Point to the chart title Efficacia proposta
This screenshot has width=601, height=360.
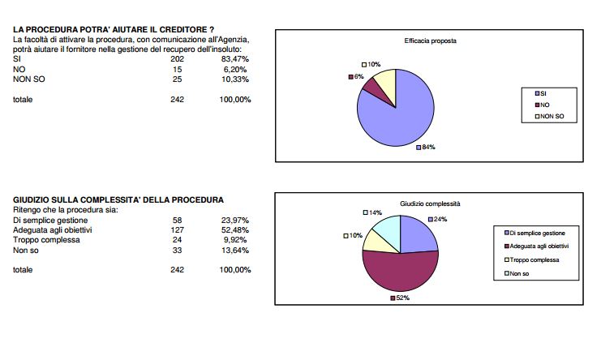tap(431, 41)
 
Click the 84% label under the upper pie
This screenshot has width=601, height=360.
tap(421, 148)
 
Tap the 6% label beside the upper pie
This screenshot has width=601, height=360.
tap(356, 76)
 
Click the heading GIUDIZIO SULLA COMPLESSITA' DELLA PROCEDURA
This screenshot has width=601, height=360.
tap(119, 199)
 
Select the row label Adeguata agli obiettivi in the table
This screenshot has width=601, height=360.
tap(59, 230)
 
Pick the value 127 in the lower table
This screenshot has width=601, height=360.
tap(178, 230)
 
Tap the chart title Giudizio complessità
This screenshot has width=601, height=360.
tap(430, 204)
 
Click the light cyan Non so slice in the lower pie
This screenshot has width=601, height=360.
tap(385, 229)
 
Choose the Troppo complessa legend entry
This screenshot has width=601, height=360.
tap(534, 259)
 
